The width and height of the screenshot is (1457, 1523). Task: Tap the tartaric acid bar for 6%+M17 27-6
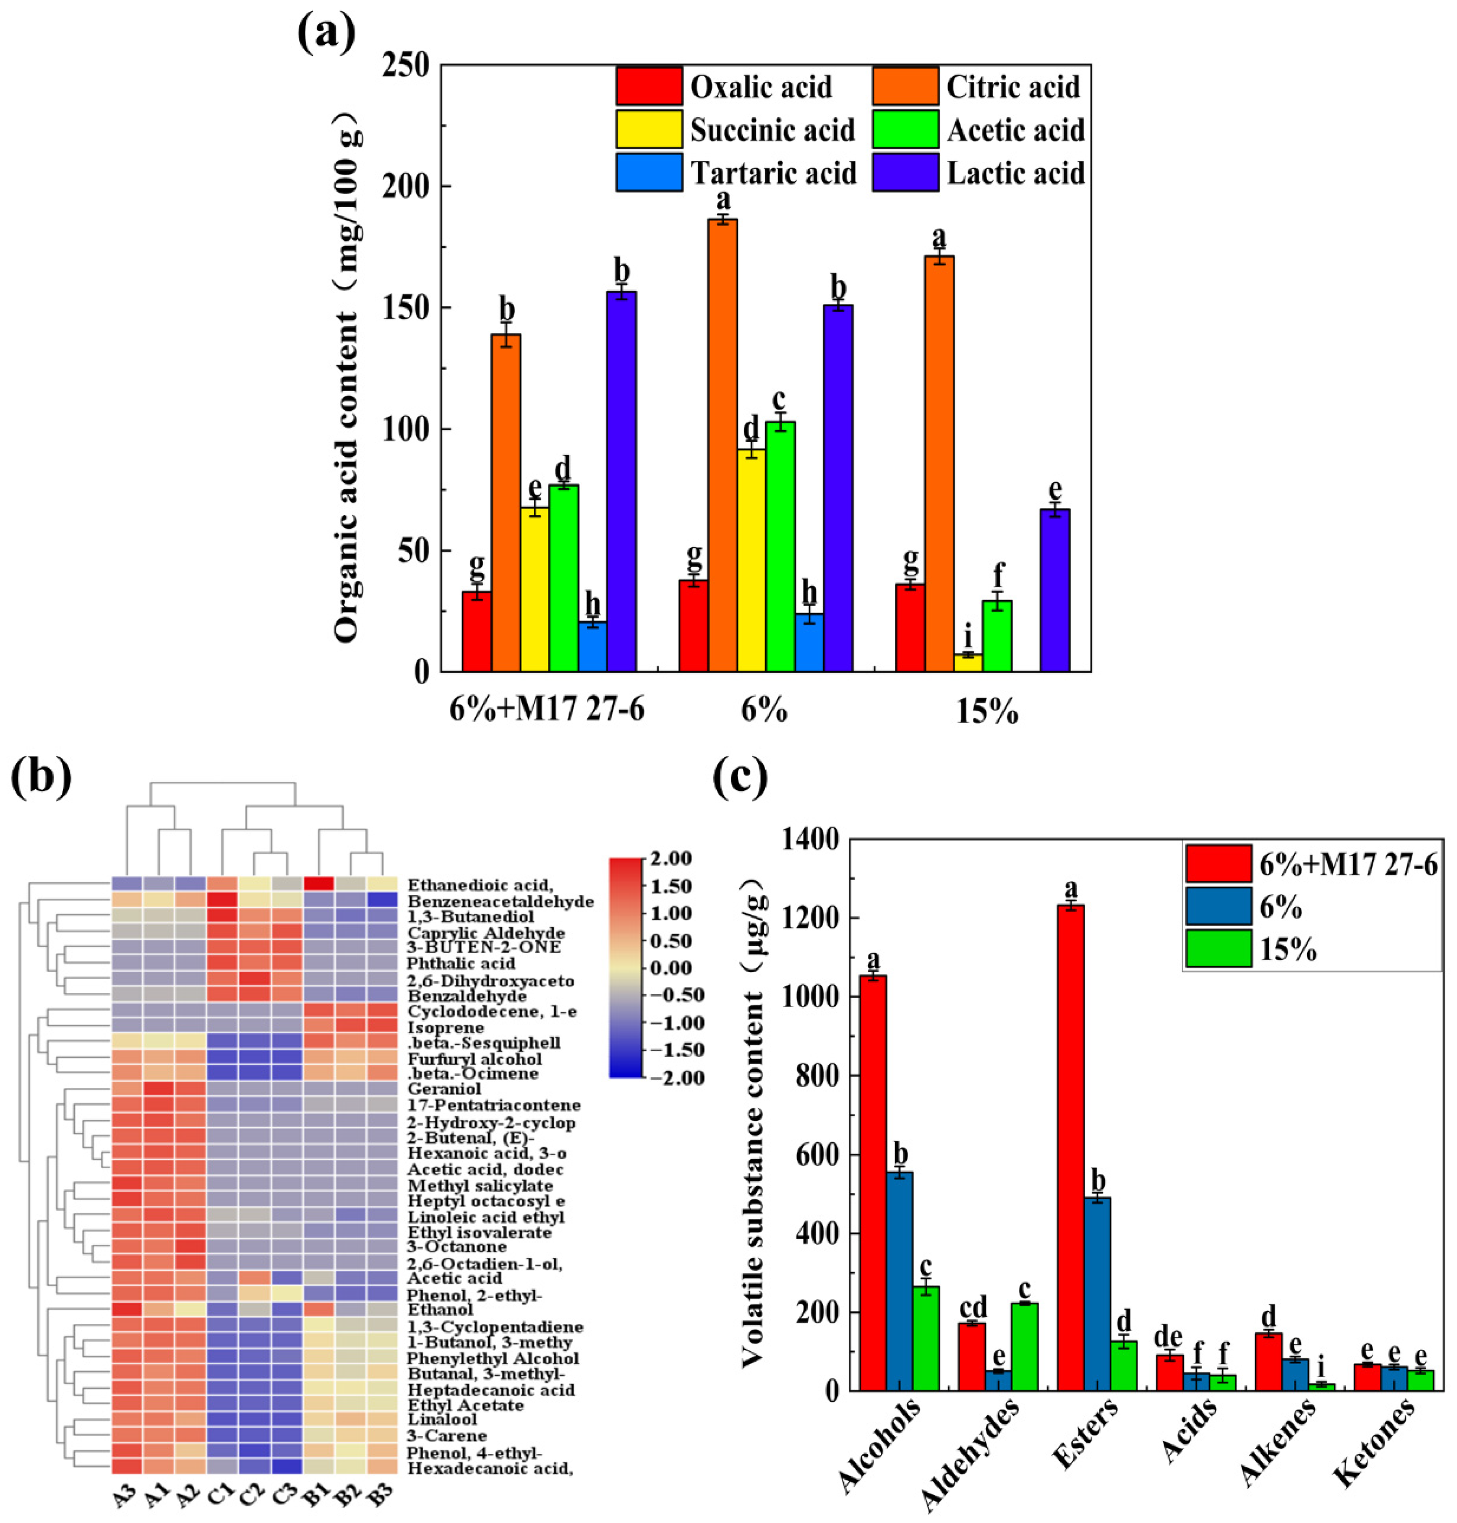click(593, 646)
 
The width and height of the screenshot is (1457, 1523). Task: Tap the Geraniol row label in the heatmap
click(443, 1089)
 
